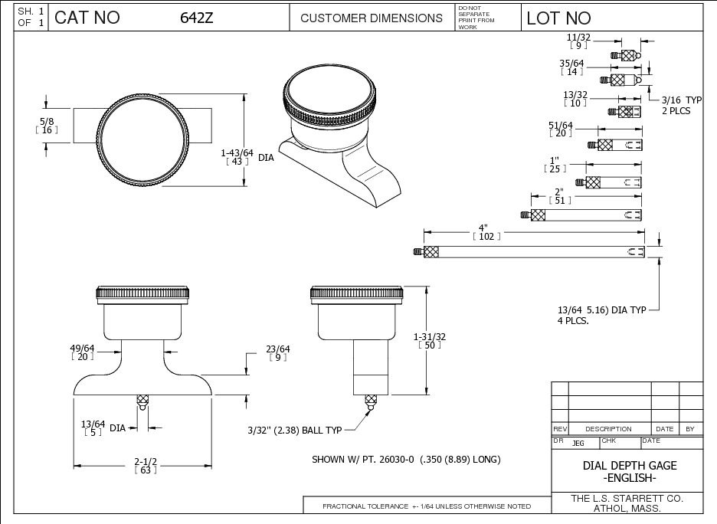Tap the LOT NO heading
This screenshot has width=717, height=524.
559,18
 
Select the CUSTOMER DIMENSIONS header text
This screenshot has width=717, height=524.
372,18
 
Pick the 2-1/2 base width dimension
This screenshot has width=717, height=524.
146,465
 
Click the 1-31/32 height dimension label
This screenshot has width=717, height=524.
429,340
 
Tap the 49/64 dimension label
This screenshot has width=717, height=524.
83,352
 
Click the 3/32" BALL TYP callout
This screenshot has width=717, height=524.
293,430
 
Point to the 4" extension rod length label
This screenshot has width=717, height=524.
483,231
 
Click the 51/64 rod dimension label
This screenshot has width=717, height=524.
561,128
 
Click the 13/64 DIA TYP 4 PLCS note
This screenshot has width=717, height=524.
602,315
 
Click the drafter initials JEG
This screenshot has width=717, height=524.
578,443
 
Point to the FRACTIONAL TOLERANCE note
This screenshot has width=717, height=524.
427,506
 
